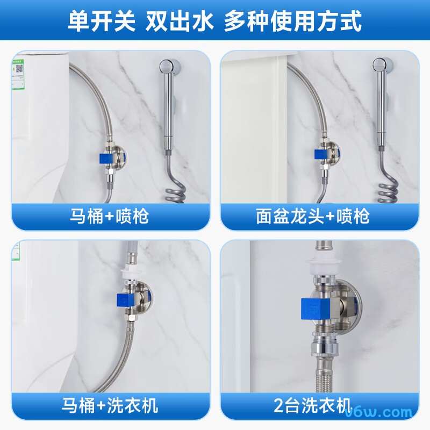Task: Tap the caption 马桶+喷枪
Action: pyautogui.click(x=110, y=216)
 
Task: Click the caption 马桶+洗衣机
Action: pyautogui.click(x=110, y=405)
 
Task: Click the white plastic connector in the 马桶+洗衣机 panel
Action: pyautogui.click(x=132, y=273)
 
